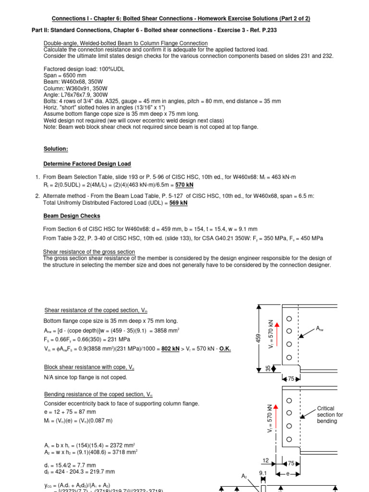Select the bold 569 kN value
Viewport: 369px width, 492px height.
178,203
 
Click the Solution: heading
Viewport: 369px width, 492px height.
56,149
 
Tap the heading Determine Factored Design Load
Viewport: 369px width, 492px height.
87,164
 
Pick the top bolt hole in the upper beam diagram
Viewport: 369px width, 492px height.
289,319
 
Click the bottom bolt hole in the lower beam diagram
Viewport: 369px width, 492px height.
289,439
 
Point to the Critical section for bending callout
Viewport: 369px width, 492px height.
330,415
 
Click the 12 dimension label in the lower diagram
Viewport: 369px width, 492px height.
266,460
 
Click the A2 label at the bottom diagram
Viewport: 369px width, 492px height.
244,476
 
